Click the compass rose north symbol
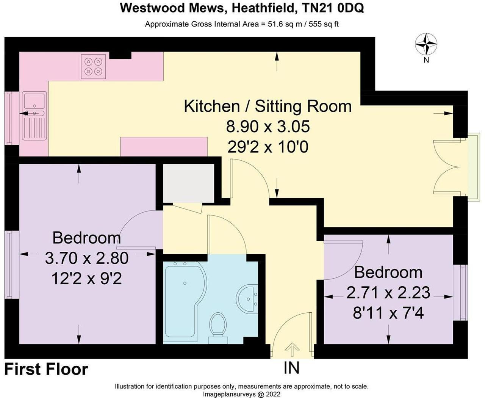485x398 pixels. tap(426, 45)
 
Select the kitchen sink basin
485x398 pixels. tap(34, 101)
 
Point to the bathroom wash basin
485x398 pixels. tap(248, 298)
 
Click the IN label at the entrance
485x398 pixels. tap(291, 368)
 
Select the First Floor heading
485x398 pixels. tap(46, 369)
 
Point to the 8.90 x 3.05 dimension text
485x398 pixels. tap(268, 126)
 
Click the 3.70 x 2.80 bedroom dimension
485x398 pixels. tap(87, 258)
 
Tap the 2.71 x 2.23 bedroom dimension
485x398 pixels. tap(388, 293)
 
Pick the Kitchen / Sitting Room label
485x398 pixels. tap(268, 106)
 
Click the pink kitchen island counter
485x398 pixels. tap(164, 147)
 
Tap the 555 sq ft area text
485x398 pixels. tap(324, 24)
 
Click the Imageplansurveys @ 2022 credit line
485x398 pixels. tap(242, 394)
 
